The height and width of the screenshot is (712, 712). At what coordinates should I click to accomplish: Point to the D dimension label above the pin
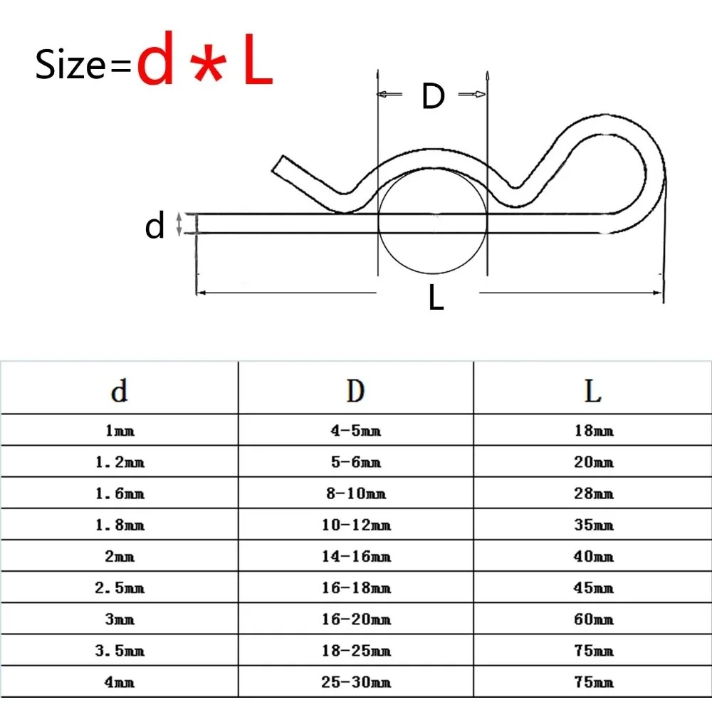coord(432,96)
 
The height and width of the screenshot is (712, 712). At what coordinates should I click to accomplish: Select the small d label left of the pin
coord(155,226)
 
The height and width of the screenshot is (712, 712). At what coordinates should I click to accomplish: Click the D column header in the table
coord(355,389)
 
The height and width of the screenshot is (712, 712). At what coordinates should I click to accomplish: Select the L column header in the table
coord(592,389)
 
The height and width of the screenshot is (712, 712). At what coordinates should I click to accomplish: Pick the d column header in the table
coord(119,389)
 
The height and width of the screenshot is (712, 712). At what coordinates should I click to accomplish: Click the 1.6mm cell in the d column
coord(119,493)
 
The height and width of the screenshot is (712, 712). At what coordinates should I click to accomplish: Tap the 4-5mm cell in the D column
coord(355,431)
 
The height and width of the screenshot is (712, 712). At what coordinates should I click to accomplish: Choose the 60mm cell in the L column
coord(592,619)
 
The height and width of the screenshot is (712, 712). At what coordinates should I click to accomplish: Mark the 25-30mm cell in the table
coord(355,682)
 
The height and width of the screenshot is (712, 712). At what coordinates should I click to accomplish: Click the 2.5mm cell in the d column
coord(119,588)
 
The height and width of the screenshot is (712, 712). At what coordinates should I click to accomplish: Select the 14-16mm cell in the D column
coord(355,557)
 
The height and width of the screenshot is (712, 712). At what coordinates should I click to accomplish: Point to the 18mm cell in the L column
coord(592,431)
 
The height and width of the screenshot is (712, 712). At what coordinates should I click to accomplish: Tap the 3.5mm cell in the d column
coord(119,651)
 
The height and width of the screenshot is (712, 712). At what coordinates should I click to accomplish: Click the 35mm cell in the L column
coord(592,525)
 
